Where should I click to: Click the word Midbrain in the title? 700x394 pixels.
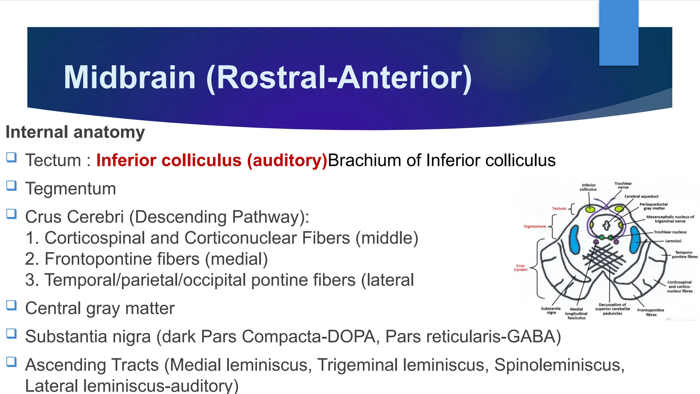point(130,78)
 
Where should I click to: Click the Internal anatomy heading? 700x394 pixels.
point(75,132)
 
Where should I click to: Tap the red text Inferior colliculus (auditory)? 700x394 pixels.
point(212,160)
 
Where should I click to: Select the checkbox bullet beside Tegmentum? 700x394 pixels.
point(11,186)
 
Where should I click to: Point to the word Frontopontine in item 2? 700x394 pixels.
point(122,259)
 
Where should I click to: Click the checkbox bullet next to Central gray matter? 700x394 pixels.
point(11,305)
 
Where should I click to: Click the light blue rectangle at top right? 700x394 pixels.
point(619,33)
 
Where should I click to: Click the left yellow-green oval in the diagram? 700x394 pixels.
point(590,209)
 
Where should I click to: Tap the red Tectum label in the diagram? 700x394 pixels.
point(559,208)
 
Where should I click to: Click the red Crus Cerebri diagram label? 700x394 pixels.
point(521,267)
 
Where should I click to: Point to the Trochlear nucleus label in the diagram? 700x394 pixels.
point(670,232)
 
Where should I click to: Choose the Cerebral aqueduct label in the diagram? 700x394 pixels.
point(641,196)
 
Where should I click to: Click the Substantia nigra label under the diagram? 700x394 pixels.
point(551,310)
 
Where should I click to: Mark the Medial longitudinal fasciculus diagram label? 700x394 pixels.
point(576,313)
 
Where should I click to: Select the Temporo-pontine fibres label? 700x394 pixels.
point(685,254)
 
